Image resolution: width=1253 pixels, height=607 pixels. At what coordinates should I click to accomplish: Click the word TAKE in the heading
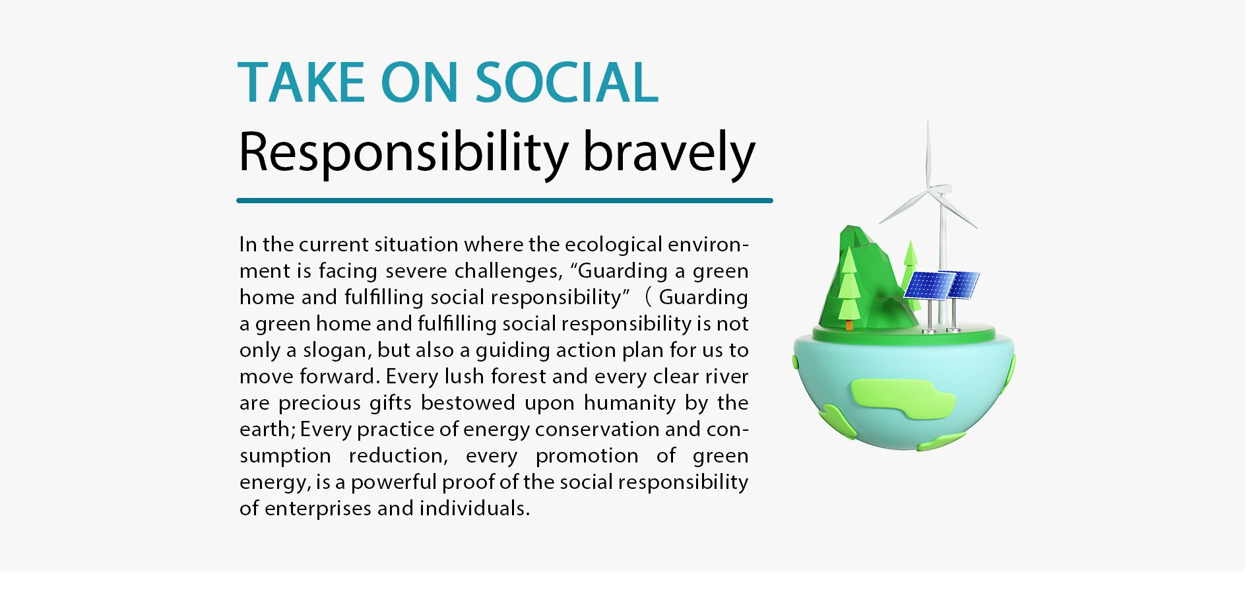pyautogui.click(x=301, y=82)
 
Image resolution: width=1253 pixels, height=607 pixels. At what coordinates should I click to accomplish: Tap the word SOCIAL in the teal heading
pyautogui.click(x=567, y=82)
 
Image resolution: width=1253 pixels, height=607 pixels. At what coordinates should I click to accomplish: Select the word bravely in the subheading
pyautogui.click(x=669, y=153)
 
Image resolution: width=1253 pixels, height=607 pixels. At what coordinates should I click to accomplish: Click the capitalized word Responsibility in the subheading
pyautogui.click(x=403, y=153)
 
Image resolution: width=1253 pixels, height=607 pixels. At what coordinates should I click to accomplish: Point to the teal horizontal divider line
pyautogui.click(x=505, y=201)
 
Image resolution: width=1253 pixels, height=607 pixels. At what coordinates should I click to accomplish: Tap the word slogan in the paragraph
pyautogui.click(x=337, y=350)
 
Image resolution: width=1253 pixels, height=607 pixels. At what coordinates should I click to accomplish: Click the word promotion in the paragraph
pyautogui.click(x=587, y=456)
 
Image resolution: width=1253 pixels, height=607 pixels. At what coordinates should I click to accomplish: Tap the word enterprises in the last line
pyautogui.click(x=318, y=509)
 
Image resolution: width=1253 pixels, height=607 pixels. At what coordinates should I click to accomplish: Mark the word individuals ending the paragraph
pyautogui.click(x=474, y=508)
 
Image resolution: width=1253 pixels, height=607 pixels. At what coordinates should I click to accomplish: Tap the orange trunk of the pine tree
pyautogui.click(x=849, y=325)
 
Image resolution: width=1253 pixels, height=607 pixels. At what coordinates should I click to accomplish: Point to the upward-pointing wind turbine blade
pyautogui.click(x=928, y=156)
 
